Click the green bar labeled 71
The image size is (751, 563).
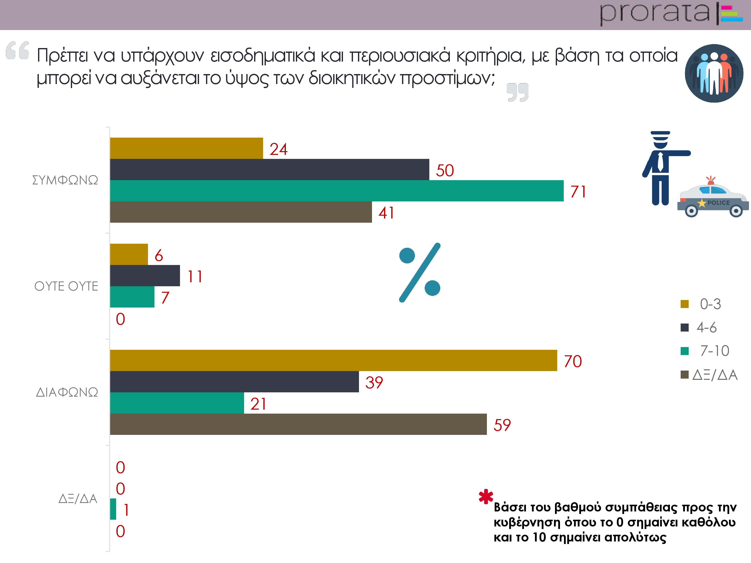point(336,191)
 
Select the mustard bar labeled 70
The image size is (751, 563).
point(333,360)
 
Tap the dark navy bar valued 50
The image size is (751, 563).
point(270,169)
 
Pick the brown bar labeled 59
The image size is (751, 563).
point(298,424)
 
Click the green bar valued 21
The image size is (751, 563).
point(177,403)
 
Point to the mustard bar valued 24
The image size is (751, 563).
point(186,148)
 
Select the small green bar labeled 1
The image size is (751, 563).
point(113,509)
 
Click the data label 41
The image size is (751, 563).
point(386,213)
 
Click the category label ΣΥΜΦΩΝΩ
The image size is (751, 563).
point(65,180)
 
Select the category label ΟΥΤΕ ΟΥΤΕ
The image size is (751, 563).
point(66,286)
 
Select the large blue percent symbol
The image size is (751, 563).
point(420,272)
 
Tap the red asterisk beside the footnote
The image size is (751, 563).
point(486,497)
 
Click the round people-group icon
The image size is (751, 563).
point(714,73)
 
